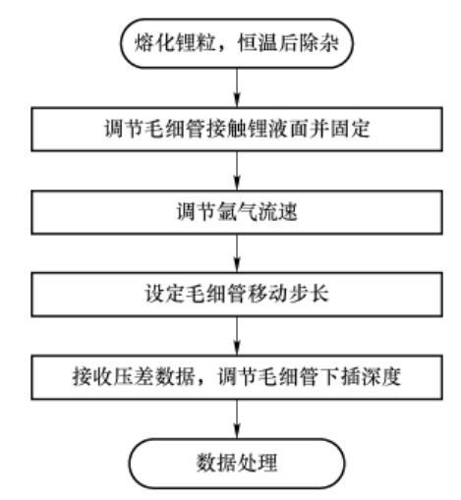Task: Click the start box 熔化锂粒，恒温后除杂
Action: pos(237,43)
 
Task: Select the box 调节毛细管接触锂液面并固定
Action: pos(237,129)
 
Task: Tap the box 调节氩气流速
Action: pos(237,212)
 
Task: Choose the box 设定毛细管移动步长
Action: pos(237,295)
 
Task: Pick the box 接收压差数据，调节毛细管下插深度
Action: pos(237,377)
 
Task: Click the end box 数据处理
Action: pos(237,463)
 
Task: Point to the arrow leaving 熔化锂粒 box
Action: pos(237,87)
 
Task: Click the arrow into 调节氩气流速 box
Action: pos(237,171)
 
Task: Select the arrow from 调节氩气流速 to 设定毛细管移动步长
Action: pos(237,253)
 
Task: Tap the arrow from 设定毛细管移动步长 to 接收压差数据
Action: pos(237,336)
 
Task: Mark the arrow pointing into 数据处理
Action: pos(237,419)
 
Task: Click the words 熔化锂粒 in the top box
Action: pos(174,43)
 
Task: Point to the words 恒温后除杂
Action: pos(288,43)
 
